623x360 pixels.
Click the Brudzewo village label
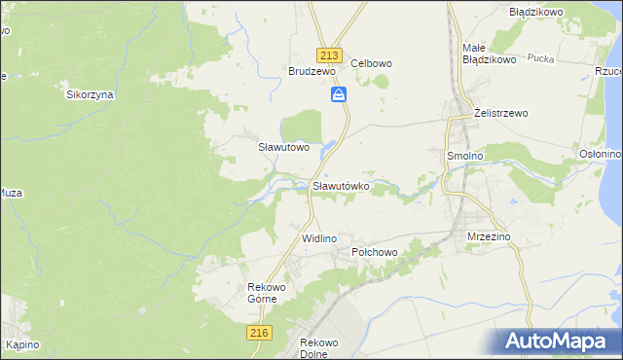pyautogui.click(x=311, y=71)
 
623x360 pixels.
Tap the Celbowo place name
pyautogui.click(x=371, y=63)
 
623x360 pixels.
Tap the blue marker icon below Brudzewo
pyautogui.click(x=338, y=94)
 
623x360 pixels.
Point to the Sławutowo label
pyautogui.click(x=282, y=148)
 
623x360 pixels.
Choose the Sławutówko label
pyautogui.click(x=340, y=185)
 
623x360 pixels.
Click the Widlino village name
pyautogui.click(x=318, y=238)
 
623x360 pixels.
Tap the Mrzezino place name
pyautogui.click(x=489, y=236)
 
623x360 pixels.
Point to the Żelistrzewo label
pyautogui.click(x=500, y=113)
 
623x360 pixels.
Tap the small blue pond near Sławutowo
pyautogui.click(x=329, y=148)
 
